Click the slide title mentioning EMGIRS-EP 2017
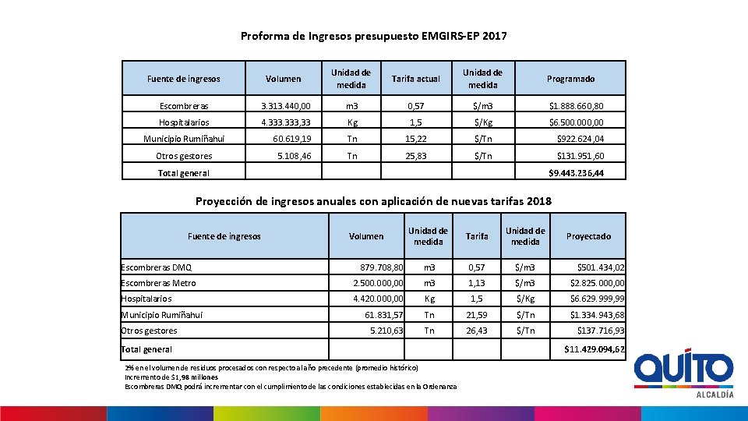(373, 36)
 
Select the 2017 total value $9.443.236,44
(576, 173)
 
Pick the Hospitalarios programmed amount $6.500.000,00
(576, 122)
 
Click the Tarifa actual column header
(415, 79)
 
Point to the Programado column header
(570, 79)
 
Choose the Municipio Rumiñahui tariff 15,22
(417, 140)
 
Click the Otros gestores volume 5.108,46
(294, 156)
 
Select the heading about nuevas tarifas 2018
(373, 201)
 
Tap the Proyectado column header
(588, 236)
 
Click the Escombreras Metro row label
(159, 283)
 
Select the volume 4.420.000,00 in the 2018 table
(378, 299)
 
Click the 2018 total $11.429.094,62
(595, 349)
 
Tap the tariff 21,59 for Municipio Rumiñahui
(476, 315)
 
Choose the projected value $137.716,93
(600, 331)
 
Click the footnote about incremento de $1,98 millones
(171, 377)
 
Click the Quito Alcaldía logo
(683, 373)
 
